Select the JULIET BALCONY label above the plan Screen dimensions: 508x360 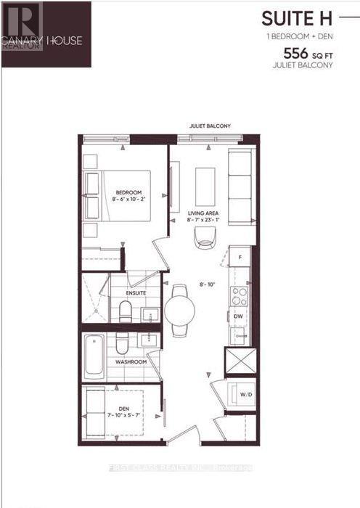pos(210,126)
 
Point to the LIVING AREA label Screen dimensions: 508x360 pos(202,213)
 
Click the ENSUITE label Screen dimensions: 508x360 pos(136,293)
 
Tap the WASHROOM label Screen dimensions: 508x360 pos(131,361)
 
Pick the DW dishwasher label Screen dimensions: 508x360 pos(237,316)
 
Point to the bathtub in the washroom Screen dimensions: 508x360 pos(94,357)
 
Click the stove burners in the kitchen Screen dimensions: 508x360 pos(238,295)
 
